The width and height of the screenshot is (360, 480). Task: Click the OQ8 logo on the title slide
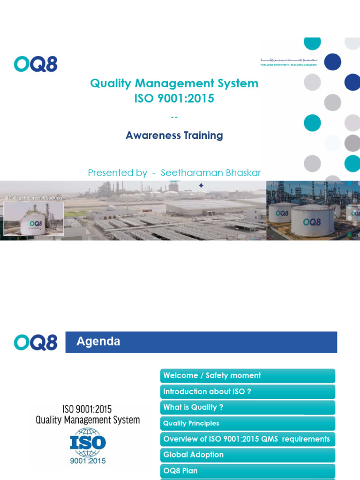click(36, 64)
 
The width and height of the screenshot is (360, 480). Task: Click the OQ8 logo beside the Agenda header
click(36, 342)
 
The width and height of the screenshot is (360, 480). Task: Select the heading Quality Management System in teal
click(174, 83)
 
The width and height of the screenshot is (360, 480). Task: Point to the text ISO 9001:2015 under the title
click(174, 98)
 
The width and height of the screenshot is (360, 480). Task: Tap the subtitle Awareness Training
click(174, 135)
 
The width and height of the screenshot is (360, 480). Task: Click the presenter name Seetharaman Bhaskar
click(210, 173)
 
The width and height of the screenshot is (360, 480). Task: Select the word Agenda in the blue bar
click(98, 342)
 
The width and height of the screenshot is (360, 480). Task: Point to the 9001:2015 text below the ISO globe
click(88, 461)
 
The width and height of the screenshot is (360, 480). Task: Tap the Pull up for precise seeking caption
click(33, 198)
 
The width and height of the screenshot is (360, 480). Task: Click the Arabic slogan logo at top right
click(289, 62)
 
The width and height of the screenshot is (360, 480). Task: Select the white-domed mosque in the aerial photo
click(111, 209)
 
